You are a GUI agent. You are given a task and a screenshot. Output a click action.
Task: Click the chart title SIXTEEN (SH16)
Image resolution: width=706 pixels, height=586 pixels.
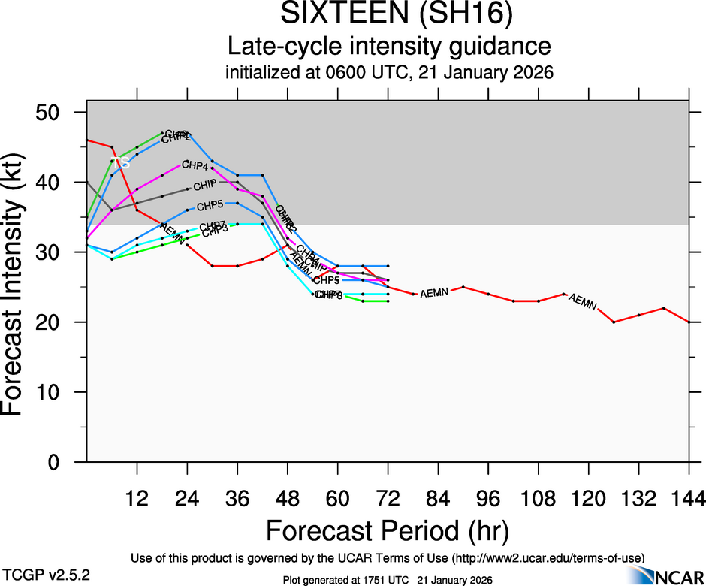tap(388, 16)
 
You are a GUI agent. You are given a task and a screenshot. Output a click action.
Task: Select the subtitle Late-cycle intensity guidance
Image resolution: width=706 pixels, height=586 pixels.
tap(388, 47)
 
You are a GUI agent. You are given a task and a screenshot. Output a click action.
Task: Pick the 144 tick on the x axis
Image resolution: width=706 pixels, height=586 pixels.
tap(689, 498)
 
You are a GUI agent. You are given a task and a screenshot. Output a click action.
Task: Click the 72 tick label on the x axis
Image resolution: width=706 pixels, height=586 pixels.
tap(388, 498)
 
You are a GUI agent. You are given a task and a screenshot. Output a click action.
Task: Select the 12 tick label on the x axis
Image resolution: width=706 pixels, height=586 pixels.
tap(137, 498)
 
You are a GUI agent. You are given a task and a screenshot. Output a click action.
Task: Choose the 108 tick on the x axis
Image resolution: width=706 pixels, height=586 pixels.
tap(539, 498)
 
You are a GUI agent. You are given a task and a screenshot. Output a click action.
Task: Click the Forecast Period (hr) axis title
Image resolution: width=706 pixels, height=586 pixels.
tap(388, 531)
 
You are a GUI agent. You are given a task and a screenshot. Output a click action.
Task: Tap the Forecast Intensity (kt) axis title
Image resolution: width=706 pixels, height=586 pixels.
tap(18, 287)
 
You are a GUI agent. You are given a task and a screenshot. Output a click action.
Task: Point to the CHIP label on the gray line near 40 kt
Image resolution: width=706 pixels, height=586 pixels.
tap(204, 185)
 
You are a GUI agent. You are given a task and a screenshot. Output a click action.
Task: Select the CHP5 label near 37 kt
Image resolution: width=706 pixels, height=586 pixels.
tap(210, 205)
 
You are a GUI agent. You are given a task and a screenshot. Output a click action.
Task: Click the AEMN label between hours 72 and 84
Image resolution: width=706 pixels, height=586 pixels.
tap(434, 293)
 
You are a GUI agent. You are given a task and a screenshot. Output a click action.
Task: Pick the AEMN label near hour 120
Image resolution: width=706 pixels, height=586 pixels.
tap(583, 302)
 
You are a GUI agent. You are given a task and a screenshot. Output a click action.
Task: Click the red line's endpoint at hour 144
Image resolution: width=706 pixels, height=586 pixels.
tap(689, 322)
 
